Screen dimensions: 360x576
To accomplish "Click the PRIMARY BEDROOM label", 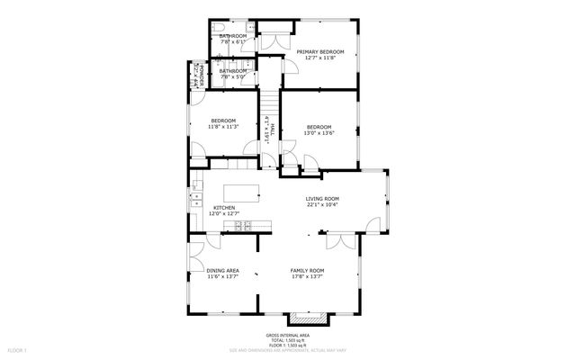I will (x=320, y=52).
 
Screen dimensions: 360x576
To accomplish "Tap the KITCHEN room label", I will (x=224, y=208).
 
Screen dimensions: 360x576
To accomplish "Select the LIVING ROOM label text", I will (x=322, y=199).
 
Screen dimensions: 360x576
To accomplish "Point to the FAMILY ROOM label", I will (x=307, y=271).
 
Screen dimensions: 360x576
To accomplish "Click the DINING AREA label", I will (x=222, y=271).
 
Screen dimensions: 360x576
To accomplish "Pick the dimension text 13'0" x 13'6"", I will (x=319, y=133).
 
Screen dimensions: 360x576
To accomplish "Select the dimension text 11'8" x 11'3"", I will (x=223, y=127).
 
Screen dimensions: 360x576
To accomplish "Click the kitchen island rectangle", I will (x=242, y=193).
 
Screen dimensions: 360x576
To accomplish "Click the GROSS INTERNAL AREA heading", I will (x=292, y=333).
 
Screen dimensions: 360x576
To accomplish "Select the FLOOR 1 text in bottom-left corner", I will (x=18, y=348).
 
